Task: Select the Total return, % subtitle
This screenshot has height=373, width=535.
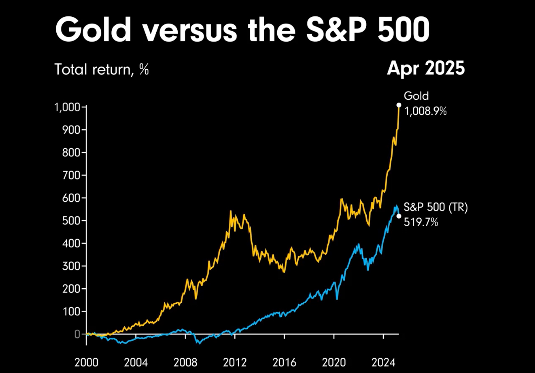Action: tap(102, 70)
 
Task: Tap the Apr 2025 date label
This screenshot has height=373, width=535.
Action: tap(426, 68)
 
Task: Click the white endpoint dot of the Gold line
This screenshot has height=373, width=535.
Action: tap(399, 105)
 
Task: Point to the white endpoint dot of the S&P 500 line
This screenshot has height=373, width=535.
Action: tap(399, 216)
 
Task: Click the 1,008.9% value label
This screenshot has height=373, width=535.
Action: tap(425, 111)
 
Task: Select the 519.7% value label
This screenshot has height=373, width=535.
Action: tap(421, 222)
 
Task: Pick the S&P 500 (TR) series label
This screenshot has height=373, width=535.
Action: tap(435, 207)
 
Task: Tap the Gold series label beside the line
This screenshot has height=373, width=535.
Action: tap(416, 96)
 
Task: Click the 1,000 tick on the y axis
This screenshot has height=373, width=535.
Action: tap(67, 107)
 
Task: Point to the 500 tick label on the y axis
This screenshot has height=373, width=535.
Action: tap(71, 221)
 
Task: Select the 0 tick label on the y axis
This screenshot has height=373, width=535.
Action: tap(77, 334)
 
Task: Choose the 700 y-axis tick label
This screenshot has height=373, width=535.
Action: tap(71, 175)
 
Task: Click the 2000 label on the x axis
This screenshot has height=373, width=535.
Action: tap(86, 363)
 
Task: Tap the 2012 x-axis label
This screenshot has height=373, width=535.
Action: tap(235, 363)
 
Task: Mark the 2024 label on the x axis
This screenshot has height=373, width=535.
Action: tap(383, 363)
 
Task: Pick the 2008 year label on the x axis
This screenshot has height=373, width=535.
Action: tap(185, 363)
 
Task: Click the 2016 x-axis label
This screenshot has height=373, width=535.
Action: tap(284, 363)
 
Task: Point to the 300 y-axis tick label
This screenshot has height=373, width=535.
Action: tap(71, 266)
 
